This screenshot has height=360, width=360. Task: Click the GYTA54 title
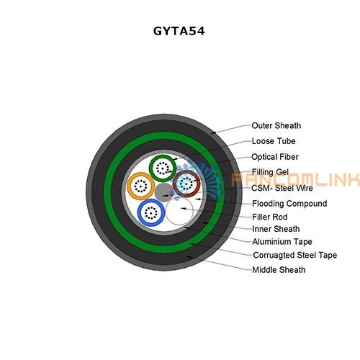click(x=179, y=31)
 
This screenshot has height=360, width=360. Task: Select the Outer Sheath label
click(x=276, y=125)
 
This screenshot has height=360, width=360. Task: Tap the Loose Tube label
click(x=274, y=141)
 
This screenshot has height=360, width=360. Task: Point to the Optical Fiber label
click(x=275, y=157)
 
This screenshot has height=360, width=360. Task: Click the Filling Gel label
click(x=270, y=172)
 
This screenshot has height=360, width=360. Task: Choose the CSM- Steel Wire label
click(x=282, y=188)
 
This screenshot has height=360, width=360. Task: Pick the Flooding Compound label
click(x=289, y=204)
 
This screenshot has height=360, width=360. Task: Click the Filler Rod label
click(x=270, y=217)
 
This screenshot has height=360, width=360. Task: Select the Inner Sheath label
click(x=276, y=229)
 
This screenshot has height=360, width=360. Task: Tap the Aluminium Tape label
click(x=282, y=242)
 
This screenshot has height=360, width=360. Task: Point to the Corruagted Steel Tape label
click(x=295, y=255)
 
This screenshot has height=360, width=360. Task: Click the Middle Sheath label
click(x=279, y=270)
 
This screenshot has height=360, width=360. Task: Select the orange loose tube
click(x=129, y=186)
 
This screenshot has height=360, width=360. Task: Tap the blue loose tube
click(x=140, y=212)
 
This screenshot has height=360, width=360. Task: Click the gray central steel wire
click(x=164, y=192)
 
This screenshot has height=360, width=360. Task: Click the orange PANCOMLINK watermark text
click(x=295, y=179)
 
